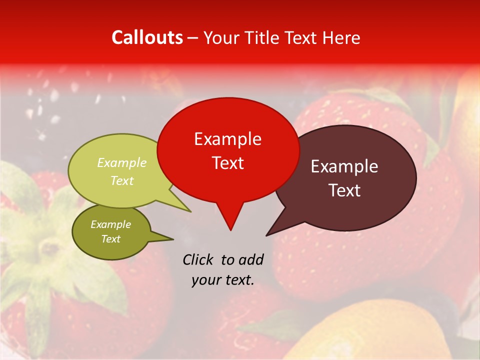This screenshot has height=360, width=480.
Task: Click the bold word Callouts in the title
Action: click(x=147, y=37)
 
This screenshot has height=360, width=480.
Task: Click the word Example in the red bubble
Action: click(x=227, y=139)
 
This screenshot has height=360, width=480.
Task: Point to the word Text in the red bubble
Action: click(x=227, y=163)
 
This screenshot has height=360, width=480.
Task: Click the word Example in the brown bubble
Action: click(x=344, y=166)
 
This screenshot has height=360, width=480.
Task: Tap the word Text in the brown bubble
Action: click(x=344, y=190)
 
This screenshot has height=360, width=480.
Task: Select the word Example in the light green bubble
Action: click(x=122, y=162)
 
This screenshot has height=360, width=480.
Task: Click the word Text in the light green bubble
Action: click(x=122, y=180)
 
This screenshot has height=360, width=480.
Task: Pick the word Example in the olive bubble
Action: click(x=110, y=224)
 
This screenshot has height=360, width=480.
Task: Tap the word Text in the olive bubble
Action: click(x=110, y=239)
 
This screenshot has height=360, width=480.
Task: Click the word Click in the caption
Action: click(x=197, y=259)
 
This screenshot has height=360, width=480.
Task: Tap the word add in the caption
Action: click(x=251, y=259)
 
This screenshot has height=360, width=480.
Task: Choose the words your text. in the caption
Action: click(x=223, y=280)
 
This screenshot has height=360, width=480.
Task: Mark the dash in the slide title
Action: click(x=193, y=38)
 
